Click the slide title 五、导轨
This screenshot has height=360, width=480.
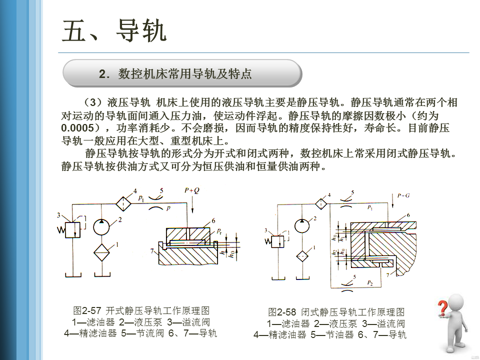pos(114,31)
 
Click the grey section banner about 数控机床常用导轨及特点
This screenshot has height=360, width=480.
pos(182,74)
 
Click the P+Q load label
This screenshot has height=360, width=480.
pos(191,190)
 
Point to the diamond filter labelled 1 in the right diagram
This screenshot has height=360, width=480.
pos(302,255)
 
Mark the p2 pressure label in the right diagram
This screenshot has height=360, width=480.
pos(369,283)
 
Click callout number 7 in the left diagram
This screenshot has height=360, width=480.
pos(151,251)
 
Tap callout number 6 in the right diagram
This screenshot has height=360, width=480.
pos(408,215)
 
